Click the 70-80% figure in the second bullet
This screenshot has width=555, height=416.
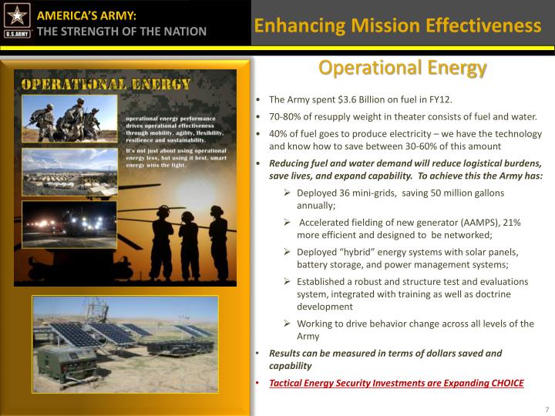point(285,117)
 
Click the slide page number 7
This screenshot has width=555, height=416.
point(547,408)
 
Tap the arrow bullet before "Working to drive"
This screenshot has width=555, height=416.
point(288,324)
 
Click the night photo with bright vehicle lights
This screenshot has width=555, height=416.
point(69,223)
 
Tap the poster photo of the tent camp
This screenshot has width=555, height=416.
point(69,172)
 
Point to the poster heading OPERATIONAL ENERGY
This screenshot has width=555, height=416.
point(106,83)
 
